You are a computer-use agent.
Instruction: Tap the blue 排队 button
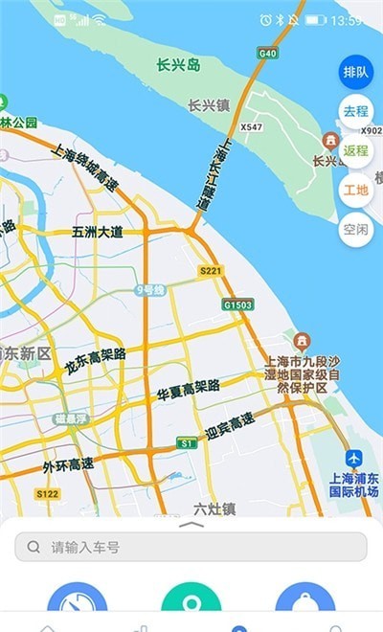pos(355,72)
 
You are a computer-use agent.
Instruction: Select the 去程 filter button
pos(355,111)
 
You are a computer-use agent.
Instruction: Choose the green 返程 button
pos(355,150)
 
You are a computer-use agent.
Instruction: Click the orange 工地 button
pos(355,190)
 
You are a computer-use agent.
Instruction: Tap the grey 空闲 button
pos(355,229)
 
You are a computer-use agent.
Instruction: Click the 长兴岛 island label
pos(180,65)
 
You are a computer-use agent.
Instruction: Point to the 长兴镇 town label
pos(209,106)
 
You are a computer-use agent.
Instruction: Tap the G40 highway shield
pos(268,53)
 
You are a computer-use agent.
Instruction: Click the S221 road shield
pos(211,272)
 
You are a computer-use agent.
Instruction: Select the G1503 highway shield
pos(237,305)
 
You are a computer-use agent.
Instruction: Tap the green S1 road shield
pos(186,444)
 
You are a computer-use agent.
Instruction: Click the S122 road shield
pos(47,494)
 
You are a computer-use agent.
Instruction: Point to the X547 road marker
pos(251,126)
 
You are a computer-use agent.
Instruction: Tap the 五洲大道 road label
pos(98,232)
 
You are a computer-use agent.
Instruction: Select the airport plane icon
pos(354,460)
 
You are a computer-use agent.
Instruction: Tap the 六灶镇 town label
pos(214,509)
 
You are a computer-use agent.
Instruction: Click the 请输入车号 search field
pos(191,547)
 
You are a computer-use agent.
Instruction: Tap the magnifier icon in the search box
pos(34,547)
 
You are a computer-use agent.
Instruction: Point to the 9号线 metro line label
pos(150,289)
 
